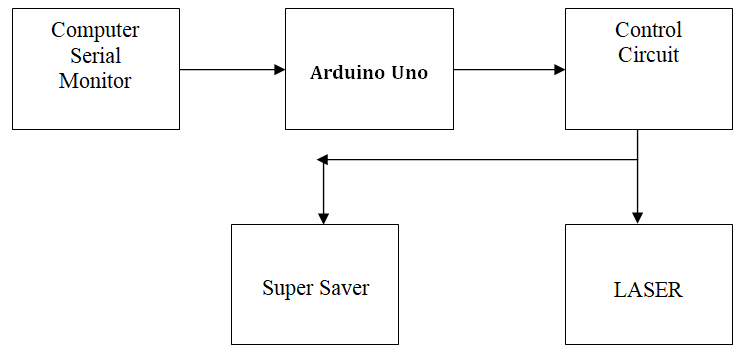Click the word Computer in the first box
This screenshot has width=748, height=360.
point(95,30)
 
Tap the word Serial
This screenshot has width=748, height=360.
point(95,56)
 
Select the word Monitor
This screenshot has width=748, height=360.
point(95,81)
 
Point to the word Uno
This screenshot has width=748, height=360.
point(408,73)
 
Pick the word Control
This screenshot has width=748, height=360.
point(648,30)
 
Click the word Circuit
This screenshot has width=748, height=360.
point(648,56)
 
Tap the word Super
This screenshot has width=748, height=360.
point(287,289)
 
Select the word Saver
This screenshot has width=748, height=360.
point(345,289)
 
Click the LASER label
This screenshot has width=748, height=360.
point(648,291)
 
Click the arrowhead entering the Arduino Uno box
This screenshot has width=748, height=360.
point(279,70)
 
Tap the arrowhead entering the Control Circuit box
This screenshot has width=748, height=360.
point(559,70)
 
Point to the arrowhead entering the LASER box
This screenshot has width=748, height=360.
point(638,217)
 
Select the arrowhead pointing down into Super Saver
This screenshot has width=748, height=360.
point(322,217)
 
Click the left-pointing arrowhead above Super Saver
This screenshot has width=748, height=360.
point(322,159)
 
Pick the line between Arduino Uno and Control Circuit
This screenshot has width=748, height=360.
point(505,70)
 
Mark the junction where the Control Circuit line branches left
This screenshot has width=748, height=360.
point(638,159)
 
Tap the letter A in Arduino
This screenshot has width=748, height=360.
point(317,73)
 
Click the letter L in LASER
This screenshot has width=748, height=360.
point(619,291)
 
